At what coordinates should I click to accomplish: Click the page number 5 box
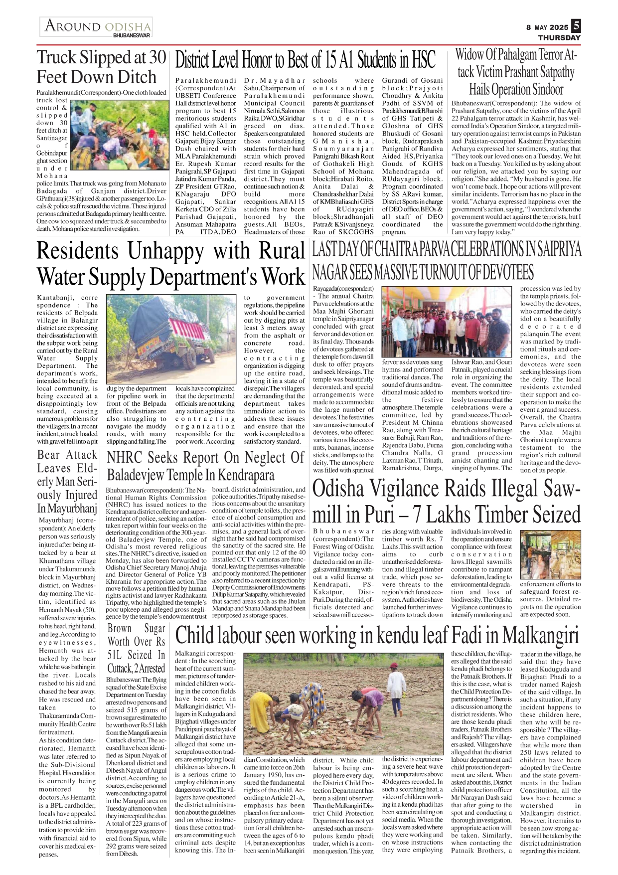tap(576, 25)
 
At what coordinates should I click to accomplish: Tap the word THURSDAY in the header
tap(559, 37)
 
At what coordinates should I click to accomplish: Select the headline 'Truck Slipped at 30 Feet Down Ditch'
tap(101, 67)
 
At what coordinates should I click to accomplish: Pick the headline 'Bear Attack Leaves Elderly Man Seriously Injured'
tap(67, 482)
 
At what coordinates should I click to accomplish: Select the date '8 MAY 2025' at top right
tap(547, 27)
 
